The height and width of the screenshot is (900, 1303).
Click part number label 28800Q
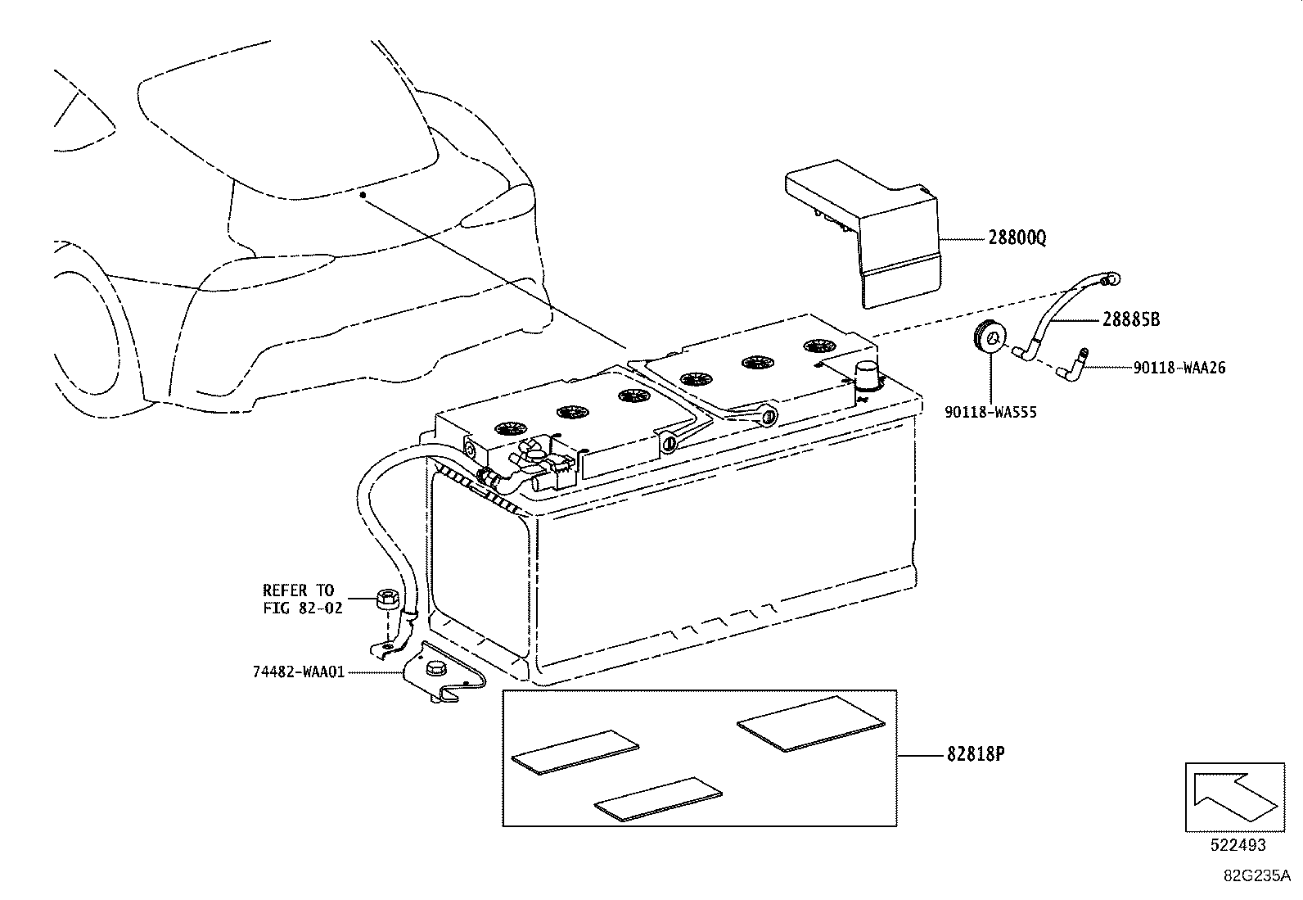tap(1017, 238)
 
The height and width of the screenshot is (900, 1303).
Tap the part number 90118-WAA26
tap(1179, 369)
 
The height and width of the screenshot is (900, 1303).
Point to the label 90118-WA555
tap(990, 413)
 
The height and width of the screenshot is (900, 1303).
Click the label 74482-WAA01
tap(299, 672)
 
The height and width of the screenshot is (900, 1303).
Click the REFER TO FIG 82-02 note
tap(298, 599)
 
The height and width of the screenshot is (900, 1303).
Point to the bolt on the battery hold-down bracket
tap(434, 667)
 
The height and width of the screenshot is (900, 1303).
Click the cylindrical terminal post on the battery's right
tap(869, 378)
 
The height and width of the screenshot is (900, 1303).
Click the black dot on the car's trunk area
tap(361, 195)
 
